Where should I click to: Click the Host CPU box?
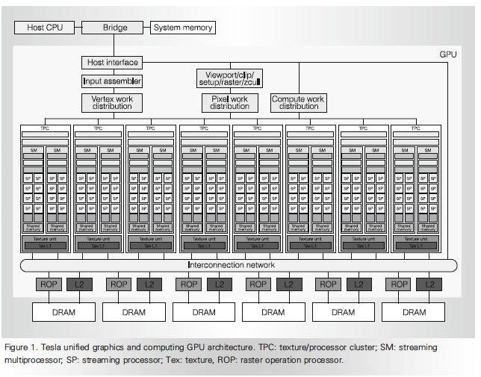tap(45, 28)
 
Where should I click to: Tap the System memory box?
tap(183, 28)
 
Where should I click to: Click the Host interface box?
tap(111, 63)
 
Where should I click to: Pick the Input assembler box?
tap(111, 81)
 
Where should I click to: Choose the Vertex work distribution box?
tap(111, 102)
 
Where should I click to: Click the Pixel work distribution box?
tap(229, 102)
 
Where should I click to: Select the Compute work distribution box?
tap(298, 102)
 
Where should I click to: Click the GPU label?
tap(448, 54)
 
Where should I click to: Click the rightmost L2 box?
tap(430, 284)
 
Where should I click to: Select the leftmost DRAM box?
tap(64, 312)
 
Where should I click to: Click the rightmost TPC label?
tap(416, 128)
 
